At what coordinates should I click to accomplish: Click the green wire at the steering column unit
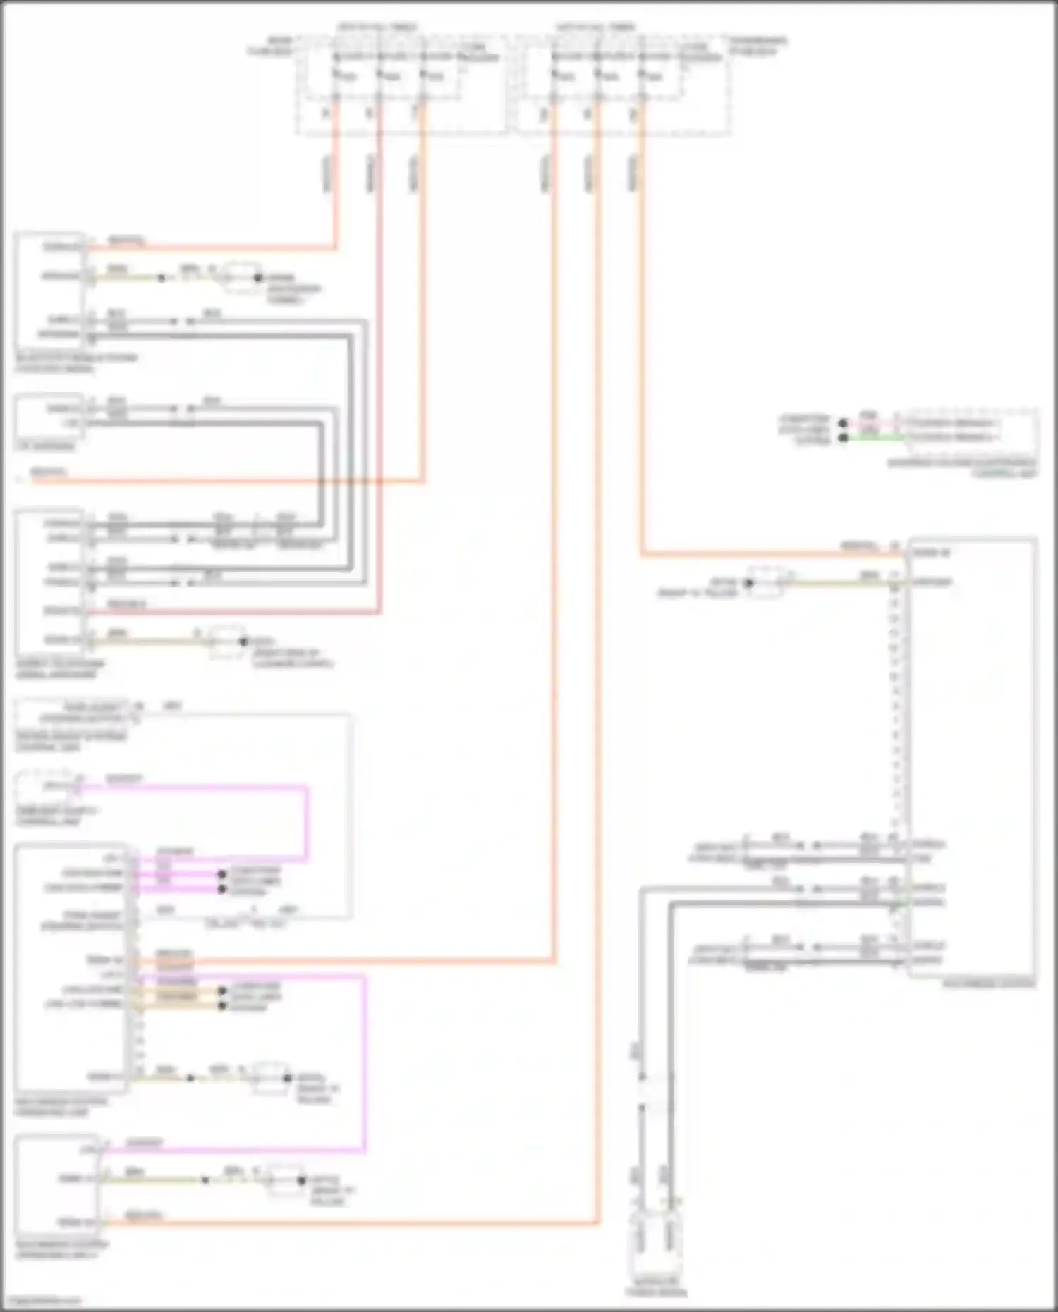click(875, 438)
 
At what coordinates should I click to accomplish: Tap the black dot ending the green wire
click(843, 438)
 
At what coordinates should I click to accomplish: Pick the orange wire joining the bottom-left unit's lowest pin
click(353, 1222)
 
